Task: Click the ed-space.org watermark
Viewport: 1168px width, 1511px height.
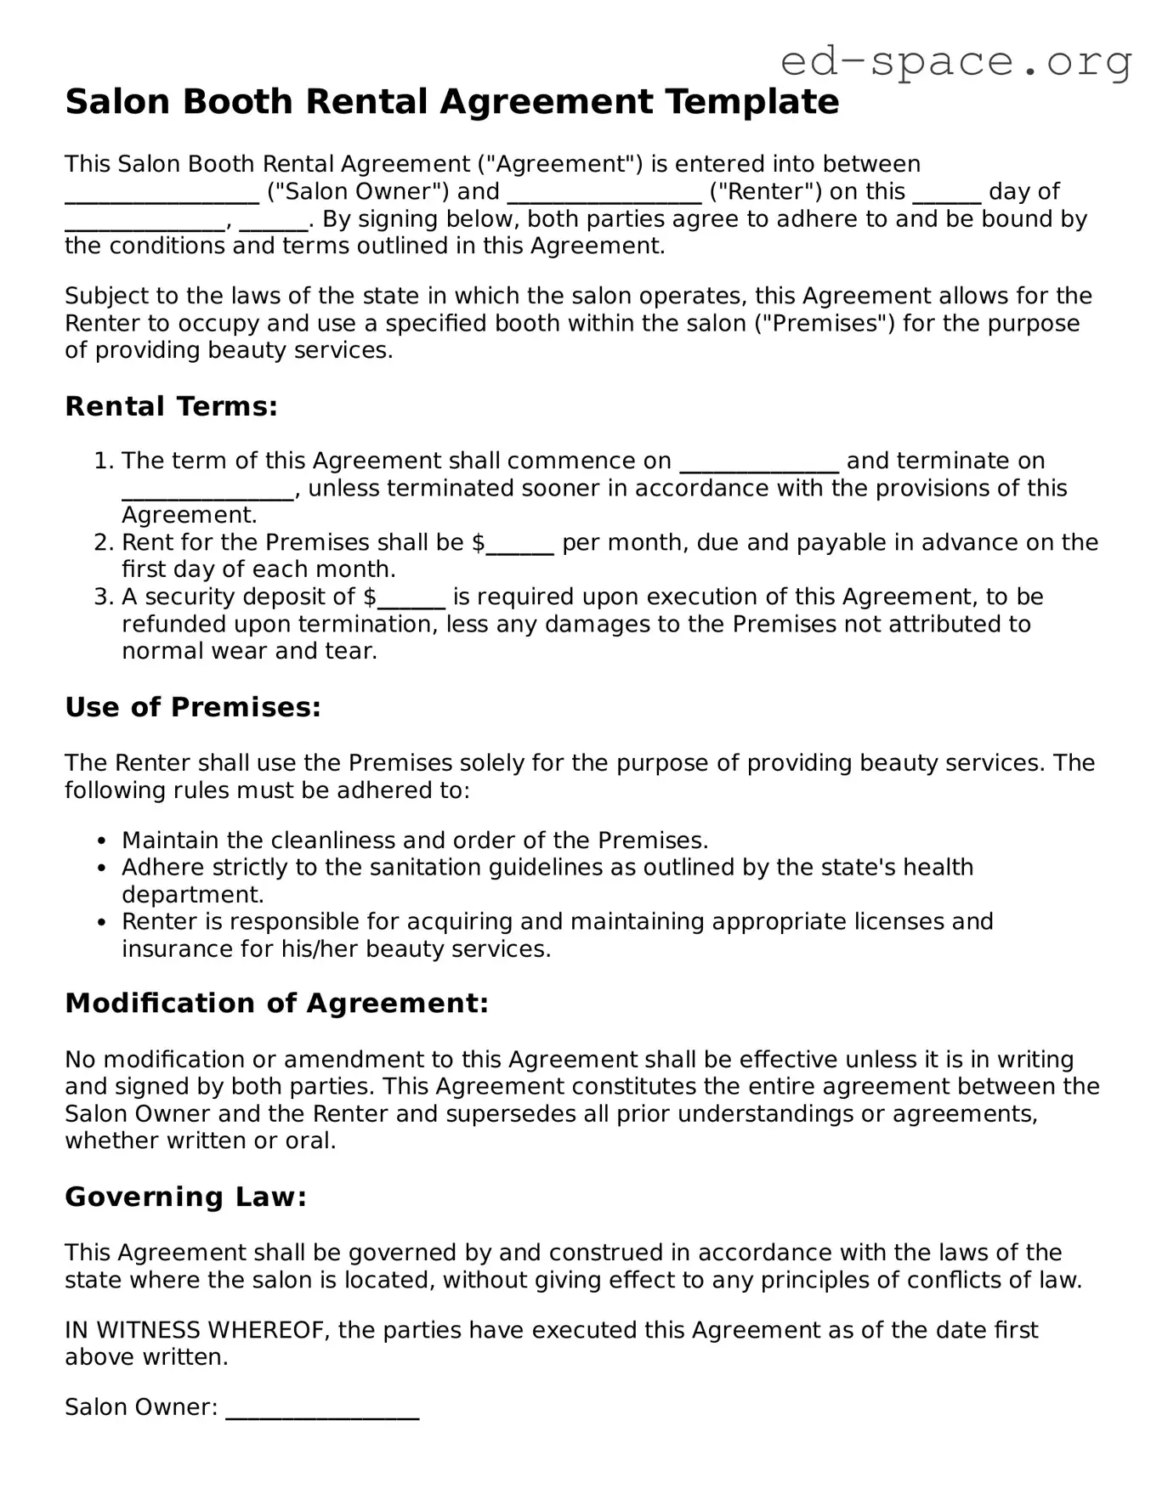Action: click(955, 61)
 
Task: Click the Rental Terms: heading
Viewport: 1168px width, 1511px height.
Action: click(171, 406)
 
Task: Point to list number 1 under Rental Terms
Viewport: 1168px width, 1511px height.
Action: click(103, 461)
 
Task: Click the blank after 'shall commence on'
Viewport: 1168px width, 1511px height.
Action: click(759, 464)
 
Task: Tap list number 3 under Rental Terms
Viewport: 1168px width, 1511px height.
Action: click(103, 597)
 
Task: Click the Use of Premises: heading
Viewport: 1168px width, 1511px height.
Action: click(193, 707)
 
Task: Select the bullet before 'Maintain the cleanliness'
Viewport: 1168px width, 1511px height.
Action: click(102, 841)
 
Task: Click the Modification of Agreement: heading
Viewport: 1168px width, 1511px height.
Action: click(276, 1004)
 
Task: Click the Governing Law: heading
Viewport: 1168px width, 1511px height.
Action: click(185, 1197)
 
